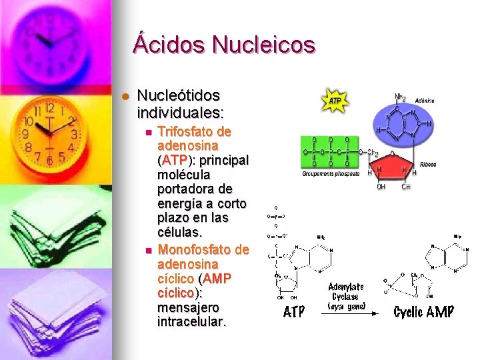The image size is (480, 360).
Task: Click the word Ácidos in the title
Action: point(169,45)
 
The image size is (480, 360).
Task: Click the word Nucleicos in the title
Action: point(263,45)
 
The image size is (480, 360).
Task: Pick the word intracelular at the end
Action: point(191,322)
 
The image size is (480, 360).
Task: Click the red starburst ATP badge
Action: point(335,100)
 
